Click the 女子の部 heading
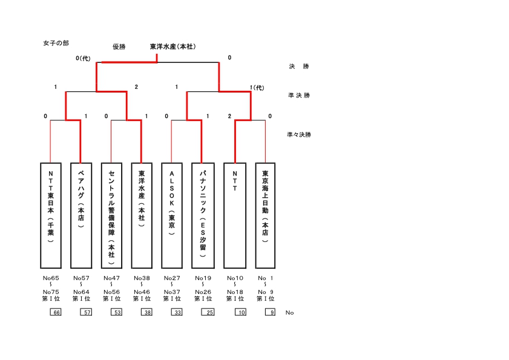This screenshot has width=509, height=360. pyautogui.click(x=56, y=43)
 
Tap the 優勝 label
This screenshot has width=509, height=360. pyautogui.click(x=119, y=47)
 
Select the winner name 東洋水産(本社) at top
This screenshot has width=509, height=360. pyautogui.click(x=172, y=47)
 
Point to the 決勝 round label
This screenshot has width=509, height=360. pyautogui.click(x=299, y=66)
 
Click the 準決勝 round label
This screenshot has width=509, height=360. pyautogui.click(x=299, y=95)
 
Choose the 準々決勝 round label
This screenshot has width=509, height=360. pyautogui.click(x=299, y=134)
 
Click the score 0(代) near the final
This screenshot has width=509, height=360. pyautogui.click(x=83, y=59)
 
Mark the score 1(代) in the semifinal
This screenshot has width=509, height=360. pyautogui.click(x=257, y=88)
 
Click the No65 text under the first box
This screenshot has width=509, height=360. pyautogui.click(x=51, y=278)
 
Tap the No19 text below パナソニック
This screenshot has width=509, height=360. pyautogui.click(x=203, y=278)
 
